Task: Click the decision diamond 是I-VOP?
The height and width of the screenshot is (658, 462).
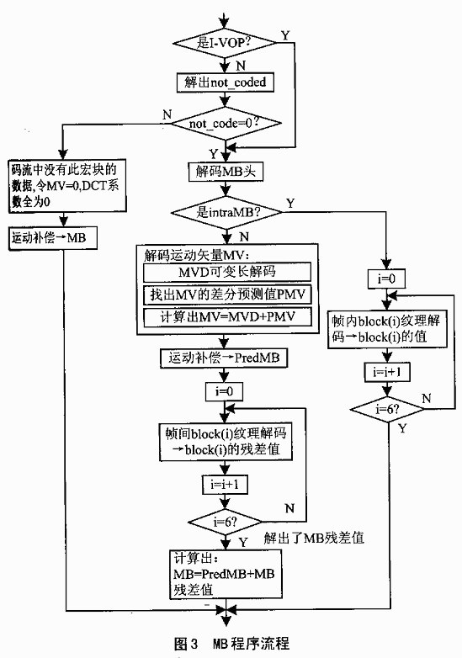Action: (225, 42)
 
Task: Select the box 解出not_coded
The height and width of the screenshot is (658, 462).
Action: (226, 82)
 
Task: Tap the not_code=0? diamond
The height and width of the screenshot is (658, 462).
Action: (226, 124)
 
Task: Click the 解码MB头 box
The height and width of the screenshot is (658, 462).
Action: (226, 172)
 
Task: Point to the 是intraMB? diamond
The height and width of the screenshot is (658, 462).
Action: (226, 212)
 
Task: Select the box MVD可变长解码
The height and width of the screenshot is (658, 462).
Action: (227, 272)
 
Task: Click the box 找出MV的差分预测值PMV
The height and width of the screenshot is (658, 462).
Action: (227, 295)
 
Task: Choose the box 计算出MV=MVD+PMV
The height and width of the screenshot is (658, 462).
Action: (227, 317)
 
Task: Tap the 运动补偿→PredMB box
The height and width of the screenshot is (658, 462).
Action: (224, 358)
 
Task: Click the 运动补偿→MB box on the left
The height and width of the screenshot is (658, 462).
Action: (53, 238)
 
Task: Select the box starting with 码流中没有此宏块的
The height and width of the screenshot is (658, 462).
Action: (67, 186)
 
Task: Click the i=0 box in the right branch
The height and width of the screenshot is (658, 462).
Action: (386, 279)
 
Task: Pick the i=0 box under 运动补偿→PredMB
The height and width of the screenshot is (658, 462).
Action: (224, 392)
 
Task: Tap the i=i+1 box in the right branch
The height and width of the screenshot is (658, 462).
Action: (387, 372)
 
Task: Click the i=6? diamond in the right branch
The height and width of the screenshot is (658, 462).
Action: (387, 409)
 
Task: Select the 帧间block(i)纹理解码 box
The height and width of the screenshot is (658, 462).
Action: (226, 443)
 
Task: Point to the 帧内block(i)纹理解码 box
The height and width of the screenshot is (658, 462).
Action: (387, 329)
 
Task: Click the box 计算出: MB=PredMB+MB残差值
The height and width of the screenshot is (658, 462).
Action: (226, 574)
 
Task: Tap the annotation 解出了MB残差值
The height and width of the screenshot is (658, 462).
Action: (314, 538)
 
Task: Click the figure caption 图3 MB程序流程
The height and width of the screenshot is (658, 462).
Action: (231, 643)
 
